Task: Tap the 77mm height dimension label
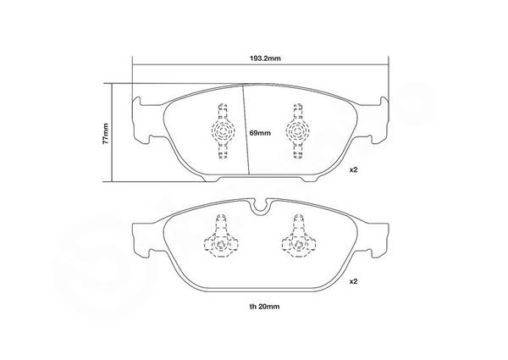(105, 133)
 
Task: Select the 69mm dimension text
(260, 133)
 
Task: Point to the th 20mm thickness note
(264, 306)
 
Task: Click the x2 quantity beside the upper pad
(353, 169)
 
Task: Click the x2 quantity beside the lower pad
(353, 281)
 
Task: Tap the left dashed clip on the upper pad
(222, 131)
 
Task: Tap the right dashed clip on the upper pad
(297, 131)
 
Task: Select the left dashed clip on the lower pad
(221, 235)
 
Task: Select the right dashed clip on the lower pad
(299, 235)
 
